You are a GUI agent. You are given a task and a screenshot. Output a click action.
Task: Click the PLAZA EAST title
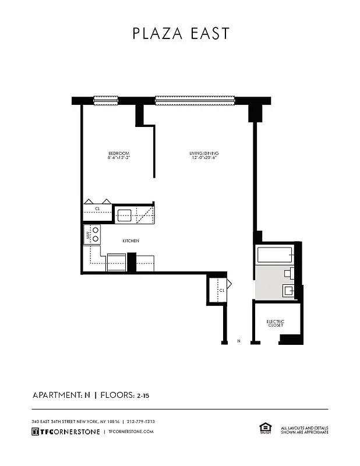tap(181, 34)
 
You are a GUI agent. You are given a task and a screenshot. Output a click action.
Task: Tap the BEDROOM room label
tap(118, 153)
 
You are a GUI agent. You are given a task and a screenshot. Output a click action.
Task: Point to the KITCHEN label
tap(130, 241)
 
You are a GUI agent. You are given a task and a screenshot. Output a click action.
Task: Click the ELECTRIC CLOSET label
tap(275, 323)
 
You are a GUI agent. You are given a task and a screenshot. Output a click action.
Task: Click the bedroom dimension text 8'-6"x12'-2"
tap(118, 158)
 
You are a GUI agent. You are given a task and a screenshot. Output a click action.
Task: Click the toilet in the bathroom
tap(288, 272)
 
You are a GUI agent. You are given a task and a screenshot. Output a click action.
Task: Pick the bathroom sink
tap(288, 290)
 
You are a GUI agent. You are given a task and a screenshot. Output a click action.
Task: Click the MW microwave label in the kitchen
tap(89, 236)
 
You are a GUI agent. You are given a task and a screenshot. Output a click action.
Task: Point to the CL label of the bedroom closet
tap(98, 208)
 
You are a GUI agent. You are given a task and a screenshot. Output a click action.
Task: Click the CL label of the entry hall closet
tap(221, 290)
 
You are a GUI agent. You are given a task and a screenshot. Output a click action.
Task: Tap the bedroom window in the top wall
tap(105, 100)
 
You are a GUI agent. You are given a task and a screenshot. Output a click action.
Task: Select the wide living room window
tap(195, 100)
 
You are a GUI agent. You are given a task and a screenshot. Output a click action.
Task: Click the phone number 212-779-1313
tap(141, 421)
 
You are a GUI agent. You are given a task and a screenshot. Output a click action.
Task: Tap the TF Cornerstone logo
tap(65, 432)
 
